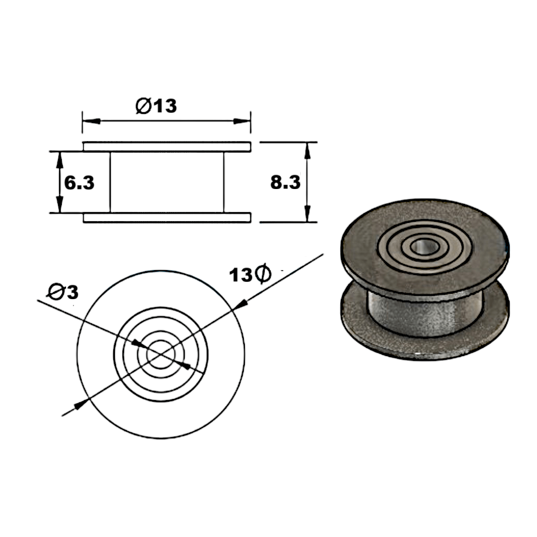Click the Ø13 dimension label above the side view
click(156, 106)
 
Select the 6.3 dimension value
click(79, 183)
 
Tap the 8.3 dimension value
click(285, 183)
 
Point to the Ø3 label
click(63, 292)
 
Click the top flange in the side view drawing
click(166, 147)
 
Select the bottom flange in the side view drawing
click(166, 217)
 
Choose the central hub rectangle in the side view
click(166, 182)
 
